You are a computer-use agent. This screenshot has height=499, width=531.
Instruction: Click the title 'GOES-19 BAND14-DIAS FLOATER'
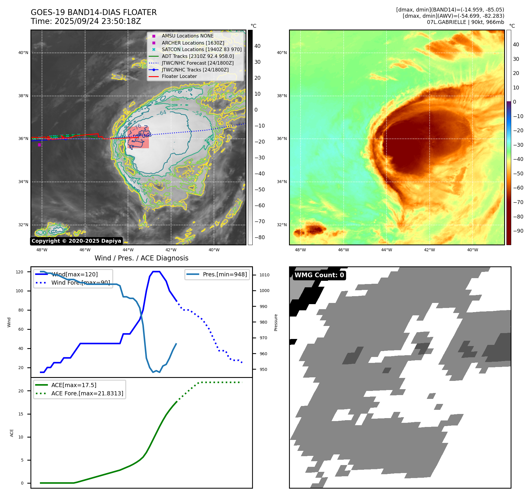click(94, 12)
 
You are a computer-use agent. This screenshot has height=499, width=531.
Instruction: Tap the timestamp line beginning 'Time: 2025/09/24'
click(86, 21)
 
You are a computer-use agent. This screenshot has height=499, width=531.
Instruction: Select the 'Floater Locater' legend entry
click(179, 76)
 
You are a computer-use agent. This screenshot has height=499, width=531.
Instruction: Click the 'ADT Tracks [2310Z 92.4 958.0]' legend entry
click(198, 56)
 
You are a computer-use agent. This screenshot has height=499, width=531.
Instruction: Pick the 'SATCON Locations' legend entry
click(202, 49)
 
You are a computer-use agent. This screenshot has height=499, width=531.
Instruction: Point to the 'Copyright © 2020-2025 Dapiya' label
click(76, 241)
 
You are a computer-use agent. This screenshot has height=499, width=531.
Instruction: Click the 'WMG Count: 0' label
click(319, 275)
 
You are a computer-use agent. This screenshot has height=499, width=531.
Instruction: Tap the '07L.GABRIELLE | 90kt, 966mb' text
click(465, 22)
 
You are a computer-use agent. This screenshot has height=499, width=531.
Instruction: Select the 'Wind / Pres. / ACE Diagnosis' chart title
click(141, 258)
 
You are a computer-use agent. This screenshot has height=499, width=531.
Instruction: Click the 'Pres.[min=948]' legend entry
click(225, 274)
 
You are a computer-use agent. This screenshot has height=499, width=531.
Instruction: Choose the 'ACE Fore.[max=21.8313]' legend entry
click(87, 393)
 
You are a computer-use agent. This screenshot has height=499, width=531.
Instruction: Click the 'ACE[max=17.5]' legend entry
click(74, 385)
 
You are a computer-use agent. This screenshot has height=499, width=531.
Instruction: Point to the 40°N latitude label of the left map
click(23, 53)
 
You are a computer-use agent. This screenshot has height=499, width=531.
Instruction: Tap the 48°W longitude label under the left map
click(42, 250)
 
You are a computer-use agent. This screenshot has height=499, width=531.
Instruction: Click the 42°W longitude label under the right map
click(429, 250)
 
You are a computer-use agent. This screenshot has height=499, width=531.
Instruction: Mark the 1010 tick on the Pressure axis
click(264, 275)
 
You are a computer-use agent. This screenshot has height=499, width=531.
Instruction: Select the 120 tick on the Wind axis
click(20, 272)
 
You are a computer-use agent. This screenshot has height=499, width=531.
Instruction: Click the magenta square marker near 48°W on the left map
click(39, 145)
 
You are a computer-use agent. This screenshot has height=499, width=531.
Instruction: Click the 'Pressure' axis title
click(276, 322)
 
